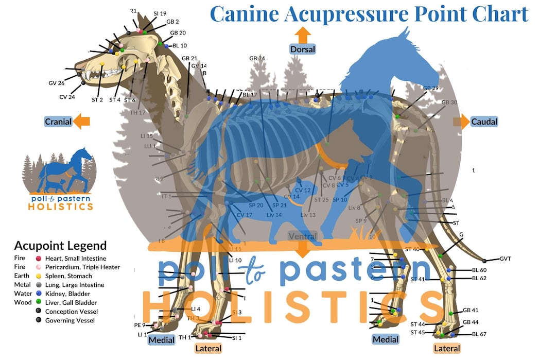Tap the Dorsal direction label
[x=302, y=49]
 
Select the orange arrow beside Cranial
[x=81, y=122]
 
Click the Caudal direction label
[x=484, y=122]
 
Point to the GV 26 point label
[x=57, y=83]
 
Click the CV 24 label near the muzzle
[x=67, y=97]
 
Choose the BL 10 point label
[x=180, y=45]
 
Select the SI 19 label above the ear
[x=160, y=13]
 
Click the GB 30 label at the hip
[x=449, y=102]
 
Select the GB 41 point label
[x=471, y=310]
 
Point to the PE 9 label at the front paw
[x=140, y=325]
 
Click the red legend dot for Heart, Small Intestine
[x=38, y=259]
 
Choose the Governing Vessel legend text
[x=71, y=320]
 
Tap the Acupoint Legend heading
[x=60, y=246]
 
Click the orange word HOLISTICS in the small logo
[x=61, y=207]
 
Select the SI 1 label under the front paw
[x=237, y=338]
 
